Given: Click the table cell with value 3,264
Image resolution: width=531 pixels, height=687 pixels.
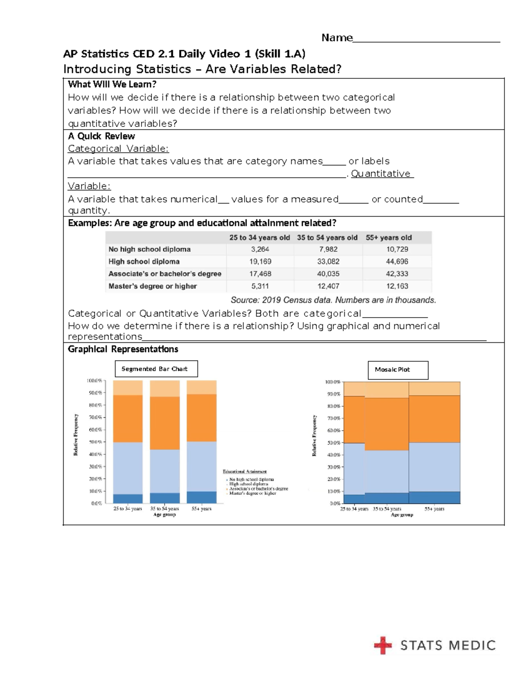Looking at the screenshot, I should (260, 249).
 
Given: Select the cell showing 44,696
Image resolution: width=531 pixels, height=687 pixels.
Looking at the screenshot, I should (397, 262).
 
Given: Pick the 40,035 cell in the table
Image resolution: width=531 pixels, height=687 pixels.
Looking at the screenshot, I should (328, 274).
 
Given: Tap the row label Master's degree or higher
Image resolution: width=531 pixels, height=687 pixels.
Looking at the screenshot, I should (153, 286).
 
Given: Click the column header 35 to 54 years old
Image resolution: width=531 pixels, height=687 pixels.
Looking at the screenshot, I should (327, 238).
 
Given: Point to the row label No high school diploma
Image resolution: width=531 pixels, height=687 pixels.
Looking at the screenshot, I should (150, 249).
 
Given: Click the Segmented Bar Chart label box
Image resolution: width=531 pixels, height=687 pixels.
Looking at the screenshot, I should (156, 369).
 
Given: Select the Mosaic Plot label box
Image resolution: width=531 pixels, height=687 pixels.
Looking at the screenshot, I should (398, 370).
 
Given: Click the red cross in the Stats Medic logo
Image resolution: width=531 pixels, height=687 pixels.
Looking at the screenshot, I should (383, 645).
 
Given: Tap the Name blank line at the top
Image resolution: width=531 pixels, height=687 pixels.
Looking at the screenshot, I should (426, 40).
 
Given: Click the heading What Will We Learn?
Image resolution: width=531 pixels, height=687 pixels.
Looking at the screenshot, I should (112, 84).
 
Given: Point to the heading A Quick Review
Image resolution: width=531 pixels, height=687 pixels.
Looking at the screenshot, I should (101, 136).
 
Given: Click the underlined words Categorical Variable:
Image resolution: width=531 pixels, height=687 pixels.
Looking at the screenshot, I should (118, 149).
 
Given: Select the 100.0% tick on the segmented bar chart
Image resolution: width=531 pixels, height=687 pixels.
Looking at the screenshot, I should (94, 380).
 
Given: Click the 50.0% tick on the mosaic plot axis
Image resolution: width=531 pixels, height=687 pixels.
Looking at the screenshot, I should (334, 443).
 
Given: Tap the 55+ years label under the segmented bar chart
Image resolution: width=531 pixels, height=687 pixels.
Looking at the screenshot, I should (201, 509).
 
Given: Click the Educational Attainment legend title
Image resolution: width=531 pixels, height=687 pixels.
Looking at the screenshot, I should (245, 472).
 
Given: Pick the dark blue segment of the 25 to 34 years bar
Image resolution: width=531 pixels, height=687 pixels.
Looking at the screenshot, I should (128, 499).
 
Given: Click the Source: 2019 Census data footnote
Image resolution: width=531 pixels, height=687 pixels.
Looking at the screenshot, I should (333, 300).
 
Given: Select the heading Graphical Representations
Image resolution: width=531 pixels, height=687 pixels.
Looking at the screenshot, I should (123, 349).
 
